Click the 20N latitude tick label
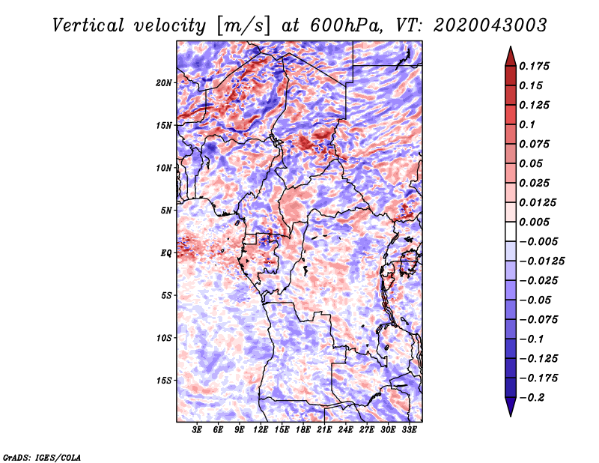[163, 83]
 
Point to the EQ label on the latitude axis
[165, 253]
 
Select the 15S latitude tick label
[164, 381]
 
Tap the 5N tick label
[166, 211]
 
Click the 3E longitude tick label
[197, 430]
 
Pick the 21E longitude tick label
[324, 430]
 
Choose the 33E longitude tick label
[409, 430]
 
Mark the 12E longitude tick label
[261, 430]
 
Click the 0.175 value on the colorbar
[534, 66]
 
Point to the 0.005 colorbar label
[534, 222]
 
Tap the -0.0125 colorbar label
[541, 261]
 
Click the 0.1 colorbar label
[527, 124]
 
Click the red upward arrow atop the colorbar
[511, 56]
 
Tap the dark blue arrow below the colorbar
[511, 407]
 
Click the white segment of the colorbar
[511, 231]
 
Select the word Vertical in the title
[88, 25]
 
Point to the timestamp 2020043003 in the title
[490, 25]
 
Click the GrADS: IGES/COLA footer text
[42, 457]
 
